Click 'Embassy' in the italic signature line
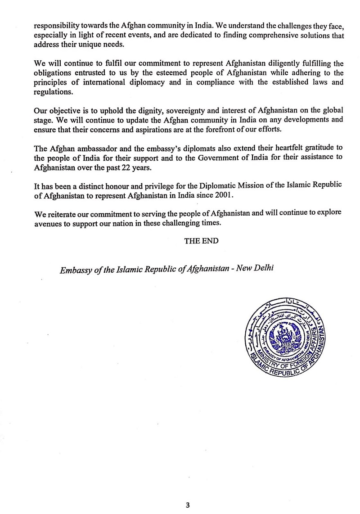(74, 268)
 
